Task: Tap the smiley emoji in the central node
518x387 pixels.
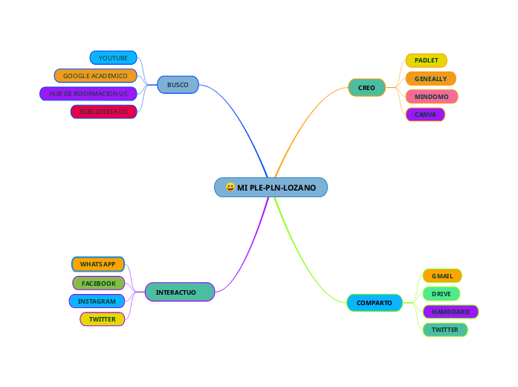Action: coord(230,188)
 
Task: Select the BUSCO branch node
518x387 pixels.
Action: coord(178,85)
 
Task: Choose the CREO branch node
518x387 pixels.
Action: coord(366,88)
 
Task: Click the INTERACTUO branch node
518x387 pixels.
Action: coord(180,292)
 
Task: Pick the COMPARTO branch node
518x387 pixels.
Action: coord(374,303)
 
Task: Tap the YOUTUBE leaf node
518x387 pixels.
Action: coord(113,57)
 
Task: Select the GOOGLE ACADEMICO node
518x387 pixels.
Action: coord(95,75)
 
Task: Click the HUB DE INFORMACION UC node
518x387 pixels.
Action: coord(88,94)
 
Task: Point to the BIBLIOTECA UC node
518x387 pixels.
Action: coord(103,112)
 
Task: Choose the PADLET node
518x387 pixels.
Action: coord(426,60)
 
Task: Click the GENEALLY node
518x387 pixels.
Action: coord(430,78)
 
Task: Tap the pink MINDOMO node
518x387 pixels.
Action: coord(431,97)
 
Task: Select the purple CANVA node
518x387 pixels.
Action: coord(425,115)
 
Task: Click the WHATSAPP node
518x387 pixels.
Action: coord(98,264)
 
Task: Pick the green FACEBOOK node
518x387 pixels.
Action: coord(99,283)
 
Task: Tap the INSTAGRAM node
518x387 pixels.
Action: coord(97,301)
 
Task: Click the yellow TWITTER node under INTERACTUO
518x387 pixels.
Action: coord(102,319)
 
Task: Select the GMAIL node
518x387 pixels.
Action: coord(442,276)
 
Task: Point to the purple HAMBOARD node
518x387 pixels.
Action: coord(450,312)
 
